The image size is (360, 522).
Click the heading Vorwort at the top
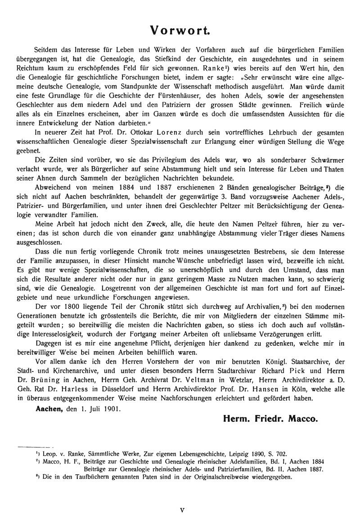[180, 30]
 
